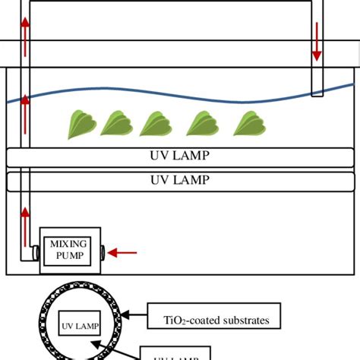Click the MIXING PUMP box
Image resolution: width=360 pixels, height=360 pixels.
coord(69,249)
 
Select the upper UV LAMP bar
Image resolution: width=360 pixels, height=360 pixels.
coord(180,157)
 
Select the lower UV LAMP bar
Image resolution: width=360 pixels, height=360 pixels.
coord(180,181)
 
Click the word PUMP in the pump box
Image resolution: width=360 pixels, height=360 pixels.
coord(69,255)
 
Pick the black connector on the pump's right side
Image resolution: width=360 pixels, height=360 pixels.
coord(103,251)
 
